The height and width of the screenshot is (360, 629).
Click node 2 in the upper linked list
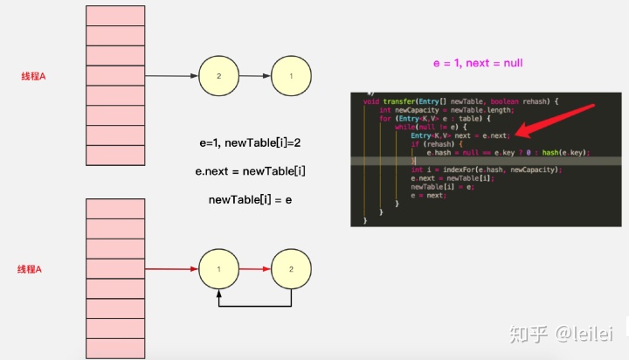(x=218, y=76)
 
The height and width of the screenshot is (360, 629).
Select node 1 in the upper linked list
(x=291, y=76)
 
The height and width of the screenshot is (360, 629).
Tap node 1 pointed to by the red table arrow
(x=218, y=269)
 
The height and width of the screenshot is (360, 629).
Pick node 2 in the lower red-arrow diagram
(x=291, y=269)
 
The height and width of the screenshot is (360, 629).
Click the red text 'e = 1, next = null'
(x=478, y=64)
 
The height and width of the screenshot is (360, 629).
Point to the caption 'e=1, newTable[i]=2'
(x=250, y=142)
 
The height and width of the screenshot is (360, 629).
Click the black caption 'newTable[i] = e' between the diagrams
(x=250, y=200)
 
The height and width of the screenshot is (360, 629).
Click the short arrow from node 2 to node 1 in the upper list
(x=254, y=76)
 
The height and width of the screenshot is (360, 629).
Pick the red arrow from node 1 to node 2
(x=254, y=269)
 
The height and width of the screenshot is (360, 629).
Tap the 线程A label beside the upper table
(x=33, y=76)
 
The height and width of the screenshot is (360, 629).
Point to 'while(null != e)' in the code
(x=415, y=127)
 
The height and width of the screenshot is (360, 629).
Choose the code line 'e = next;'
(x=427, y=195)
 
